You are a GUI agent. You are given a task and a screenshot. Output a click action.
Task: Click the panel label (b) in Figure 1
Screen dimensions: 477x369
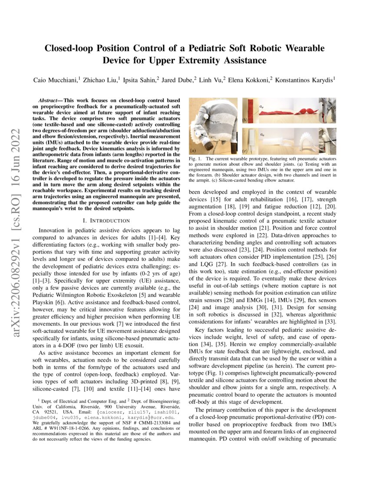pos(245,120)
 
